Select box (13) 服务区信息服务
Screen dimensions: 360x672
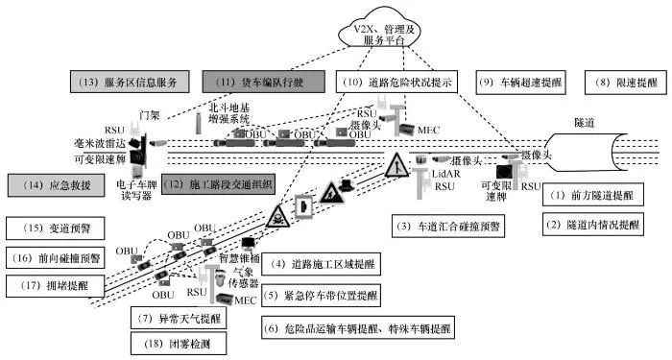(x=128, y=83)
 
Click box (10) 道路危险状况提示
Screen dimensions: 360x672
(x=396, y=83)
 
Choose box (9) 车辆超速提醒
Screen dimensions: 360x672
(x=523, y=83)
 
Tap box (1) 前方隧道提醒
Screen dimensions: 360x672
(x=601, y=195)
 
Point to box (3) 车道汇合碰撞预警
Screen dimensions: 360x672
(x=450, y=227)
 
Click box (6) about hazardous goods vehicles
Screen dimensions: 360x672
(x=360, y=328)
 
